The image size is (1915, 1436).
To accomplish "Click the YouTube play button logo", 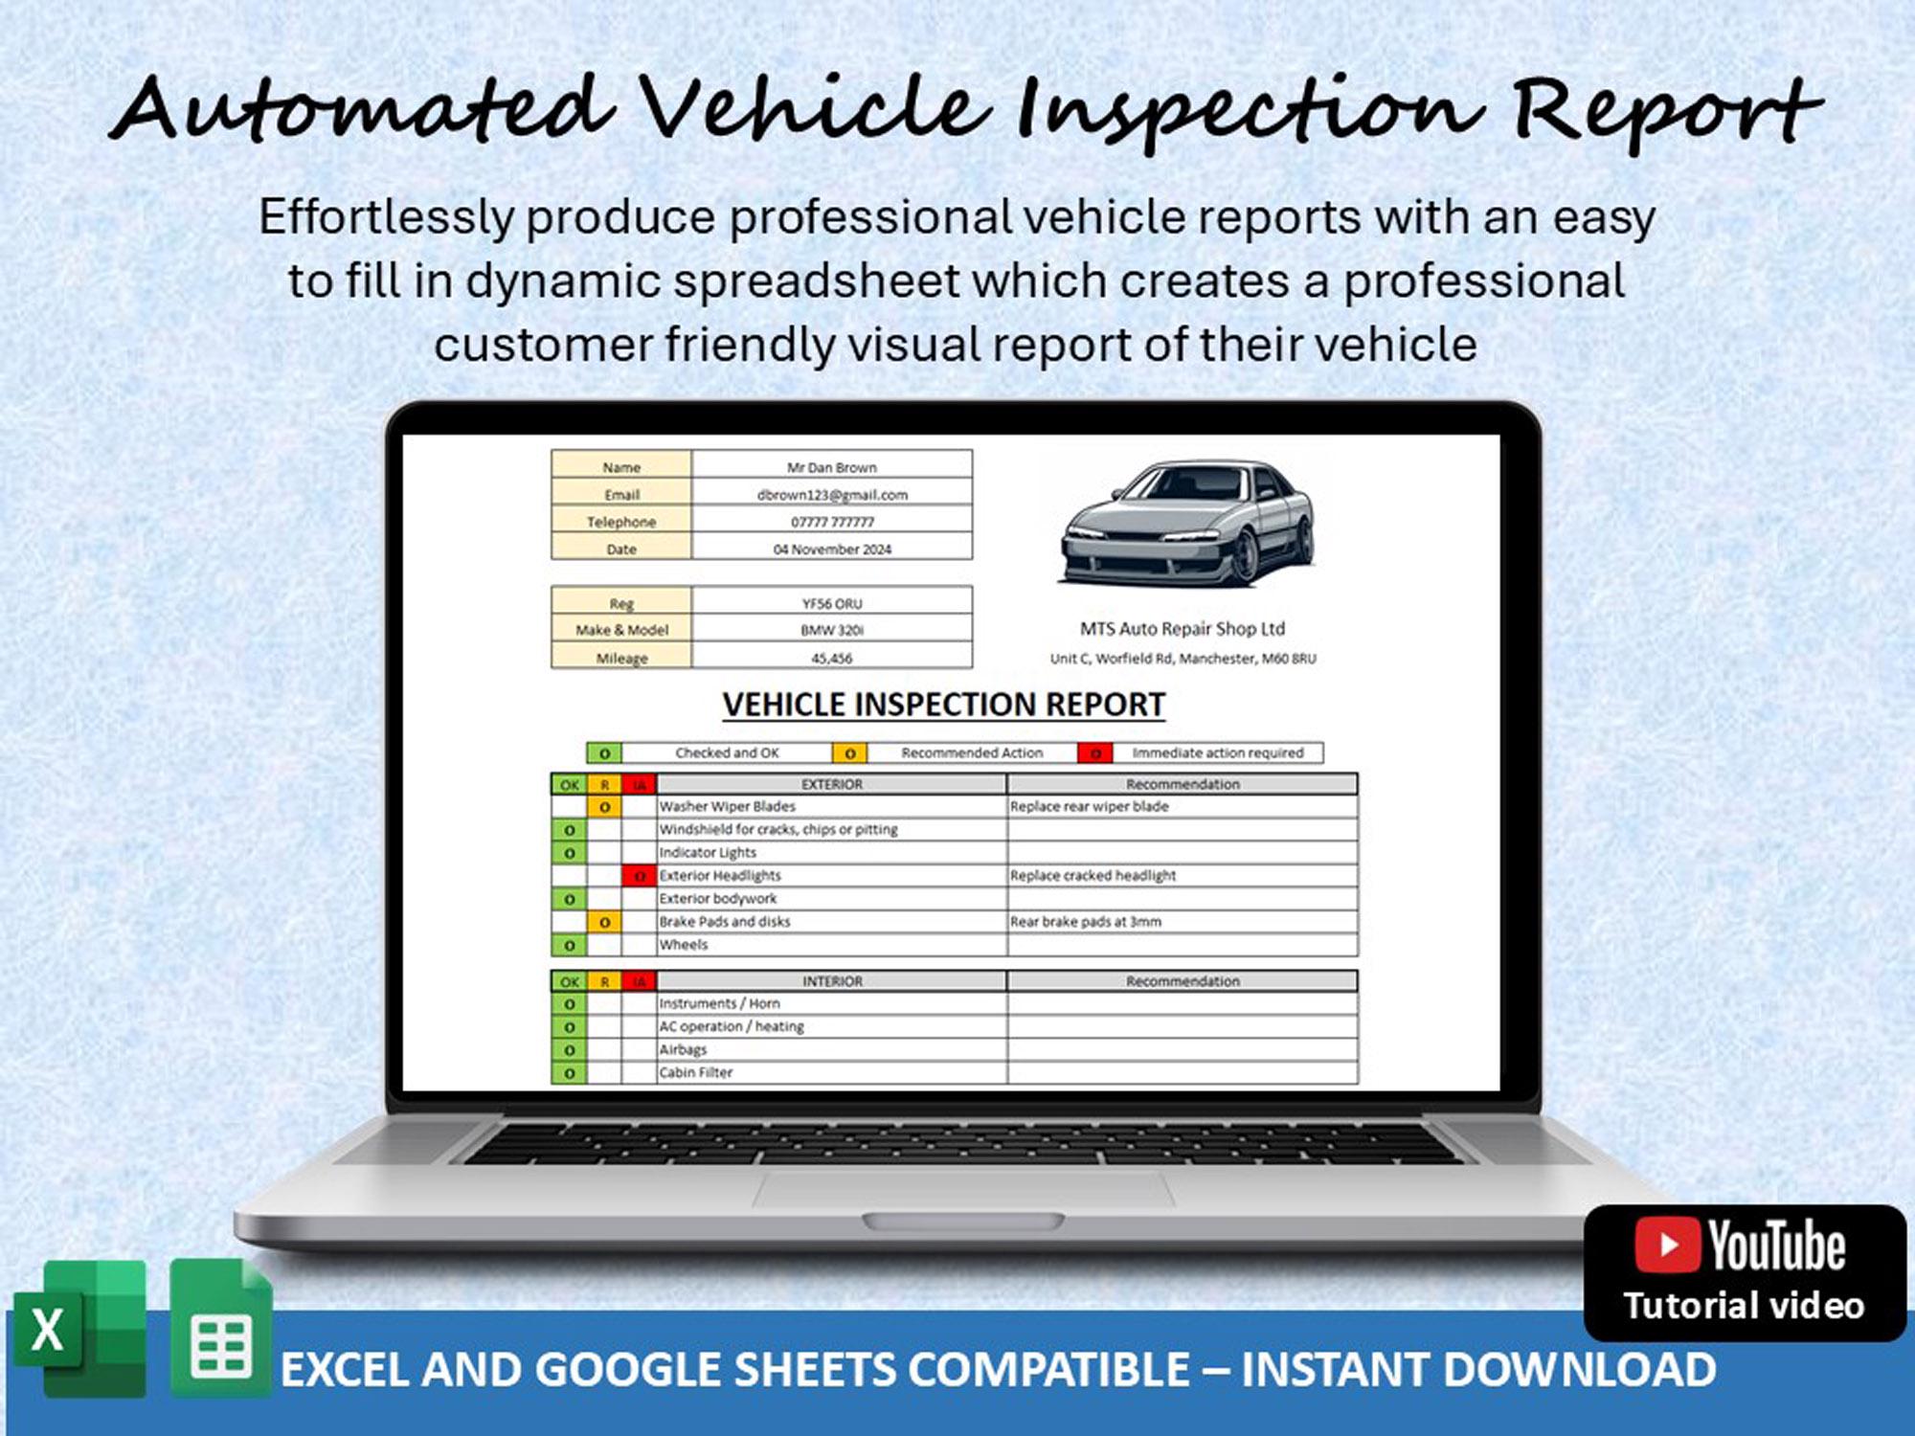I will (1667, 1245).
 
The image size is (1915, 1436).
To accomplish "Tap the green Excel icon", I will (80, 1330).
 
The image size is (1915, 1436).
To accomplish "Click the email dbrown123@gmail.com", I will (831, 495).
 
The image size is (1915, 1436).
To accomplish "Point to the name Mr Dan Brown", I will (831, 467).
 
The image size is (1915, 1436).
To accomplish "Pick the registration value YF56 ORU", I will (831, 603).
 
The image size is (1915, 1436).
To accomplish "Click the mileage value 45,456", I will (831, 658).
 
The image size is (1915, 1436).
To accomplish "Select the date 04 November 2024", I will (831, 550).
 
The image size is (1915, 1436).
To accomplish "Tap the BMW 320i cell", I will (831, 630).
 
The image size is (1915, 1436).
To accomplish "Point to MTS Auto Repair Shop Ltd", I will (1183, 629).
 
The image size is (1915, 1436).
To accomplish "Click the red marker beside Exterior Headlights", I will (639, 875).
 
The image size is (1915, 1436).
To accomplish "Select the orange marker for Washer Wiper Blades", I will (604, 807).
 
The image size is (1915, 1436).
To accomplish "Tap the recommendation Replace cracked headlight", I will (1093, 875).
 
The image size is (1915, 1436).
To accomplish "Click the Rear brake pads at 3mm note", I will (1085, 921).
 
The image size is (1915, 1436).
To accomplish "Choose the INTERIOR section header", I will (831, 981).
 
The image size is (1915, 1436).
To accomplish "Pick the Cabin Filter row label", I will (695, 1072).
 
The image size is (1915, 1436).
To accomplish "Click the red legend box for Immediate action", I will (1094, 753).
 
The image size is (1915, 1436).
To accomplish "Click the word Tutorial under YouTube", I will (1686, 1306).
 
